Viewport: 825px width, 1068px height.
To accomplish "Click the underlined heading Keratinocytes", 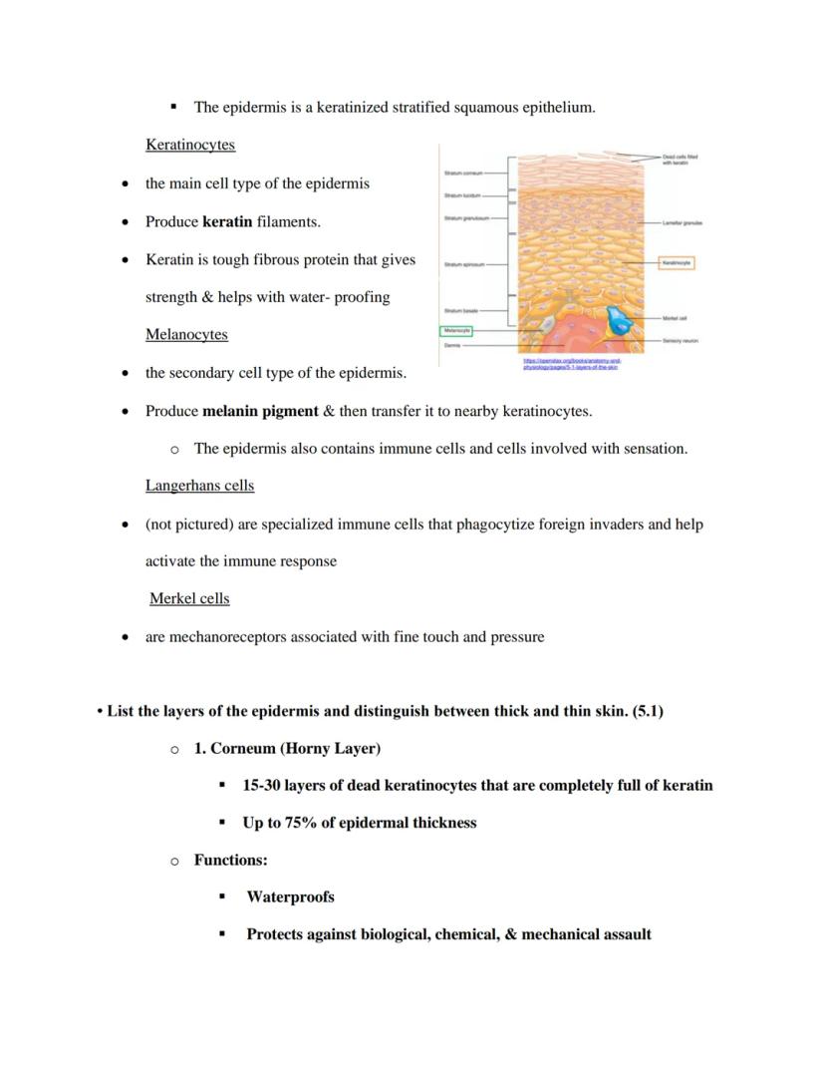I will [x=190, y=146].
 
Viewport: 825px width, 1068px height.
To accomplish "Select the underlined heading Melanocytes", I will [x=186, y=335].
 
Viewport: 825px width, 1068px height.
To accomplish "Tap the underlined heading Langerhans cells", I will [x=199, y=487].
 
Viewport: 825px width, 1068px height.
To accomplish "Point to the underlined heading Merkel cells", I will [x=189, y=599].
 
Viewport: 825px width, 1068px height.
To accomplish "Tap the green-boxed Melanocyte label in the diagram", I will [x=457, y=330].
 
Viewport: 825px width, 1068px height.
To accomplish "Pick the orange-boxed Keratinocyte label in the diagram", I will [x=677, y=263].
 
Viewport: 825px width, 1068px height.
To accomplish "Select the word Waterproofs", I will [x=290, y=897].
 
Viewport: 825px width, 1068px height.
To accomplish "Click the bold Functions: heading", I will [x=230, y=860].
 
